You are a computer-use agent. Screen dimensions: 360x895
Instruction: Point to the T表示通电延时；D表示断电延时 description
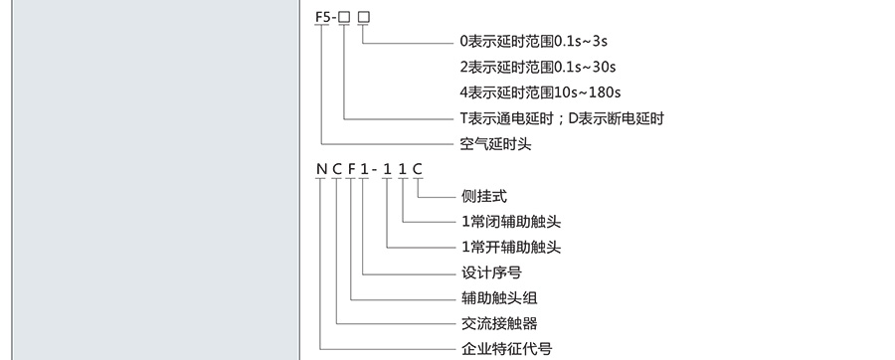point(561,118)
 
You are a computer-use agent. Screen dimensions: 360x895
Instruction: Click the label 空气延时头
point(495,145)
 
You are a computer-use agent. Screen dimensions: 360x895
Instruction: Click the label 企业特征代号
point(503,348)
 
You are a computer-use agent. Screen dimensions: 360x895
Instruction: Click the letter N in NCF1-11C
point(321,169)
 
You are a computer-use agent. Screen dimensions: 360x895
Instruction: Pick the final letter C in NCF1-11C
point(418,169)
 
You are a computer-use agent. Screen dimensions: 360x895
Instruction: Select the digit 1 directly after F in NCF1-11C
point(366,169)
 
